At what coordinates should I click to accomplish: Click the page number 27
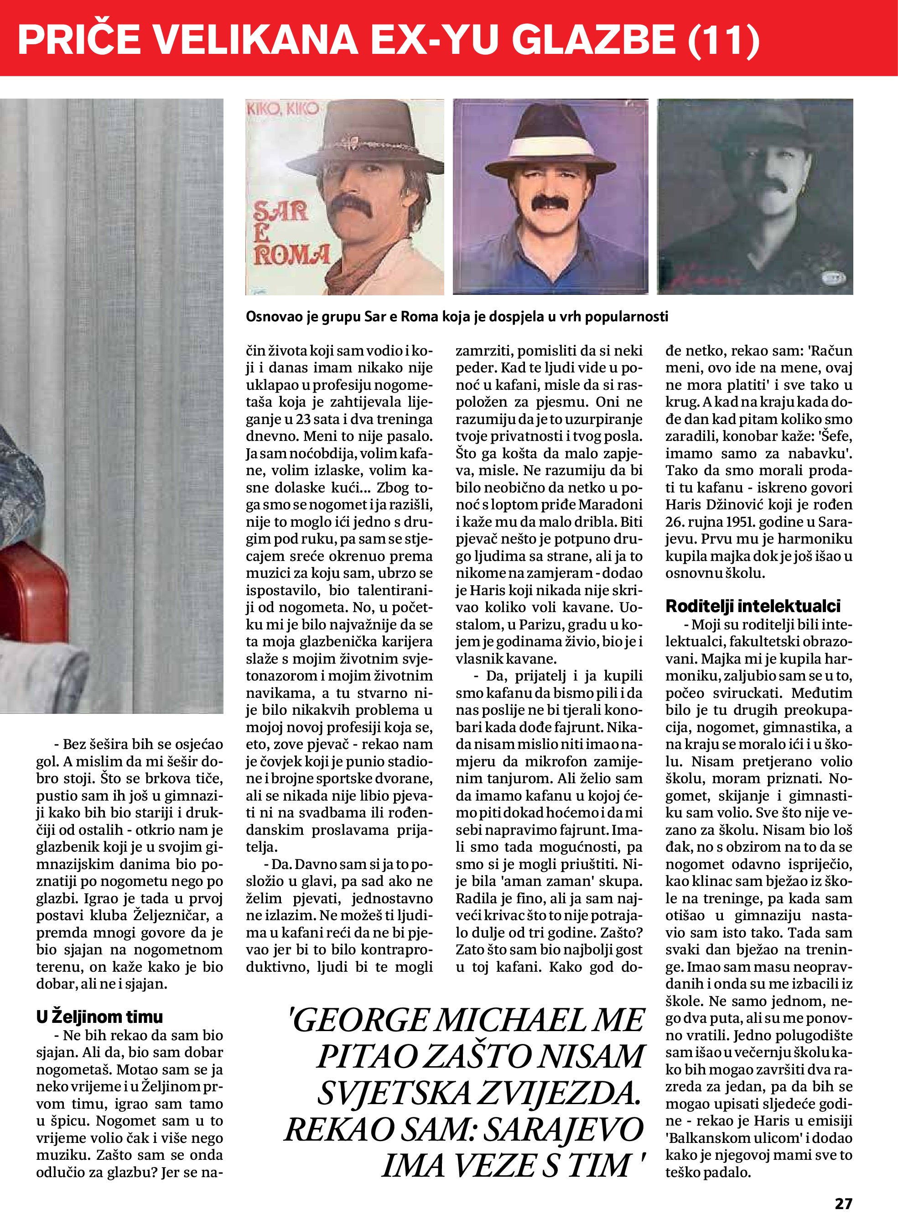pos(843,1203)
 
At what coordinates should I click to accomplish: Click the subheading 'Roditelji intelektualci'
pos(753,606)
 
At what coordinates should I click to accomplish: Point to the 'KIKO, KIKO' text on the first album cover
pos(283,109)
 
